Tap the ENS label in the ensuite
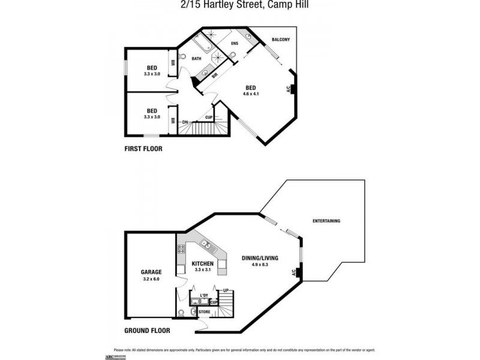point(235,43)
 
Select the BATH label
point(196,59)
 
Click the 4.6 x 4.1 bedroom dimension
point(251,94)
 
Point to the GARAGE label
point(151,272)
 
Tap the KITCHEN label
point(203,263)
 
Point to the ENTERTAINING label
point(326,221)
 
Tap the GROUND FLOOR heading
point(147,331)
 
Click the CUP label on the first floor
point(209,118)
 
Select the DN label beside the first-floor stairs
point(185,122)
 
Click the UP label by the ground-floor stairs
point(226,291)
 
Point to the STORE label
point(204,312)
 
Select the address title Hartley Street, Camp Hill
point(239,5)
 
